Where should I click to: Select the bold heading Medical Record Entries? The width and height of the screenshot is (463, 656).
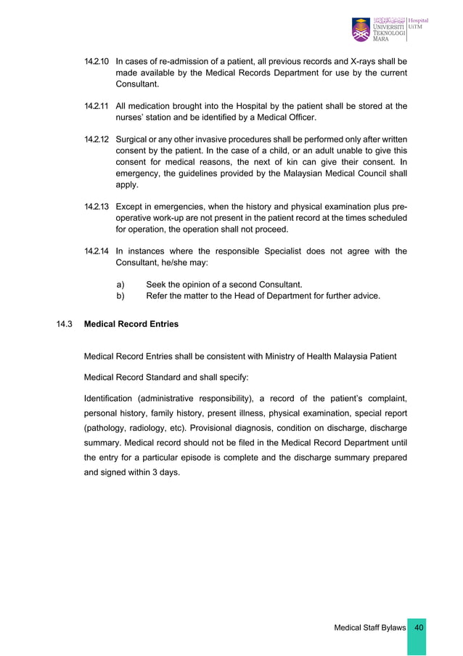point(131,324)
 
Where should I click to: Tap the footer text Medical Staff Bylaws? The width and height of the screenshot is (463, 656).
point(369,627)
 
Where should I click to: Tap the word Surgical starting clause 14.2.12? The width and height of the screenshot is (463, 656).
point(134,139)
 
